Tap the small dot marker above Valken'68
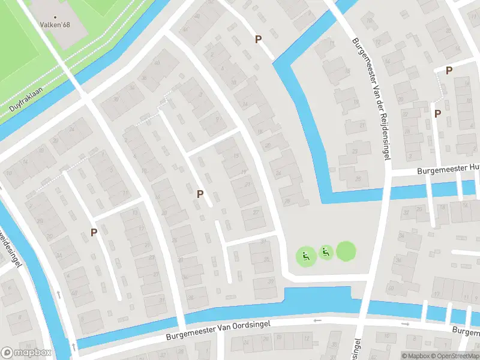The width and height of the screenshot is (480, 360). tap(56, 17)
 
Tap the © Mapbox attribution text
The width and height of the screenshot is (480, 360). tap(416, 356)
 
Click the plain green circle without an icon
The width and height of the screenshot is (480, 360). tap(346, 251)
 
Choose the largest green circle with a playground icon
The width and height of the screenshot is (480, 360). tap(306, 257)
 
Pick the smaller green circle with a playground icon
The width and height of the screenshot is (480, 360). tap(326, 253)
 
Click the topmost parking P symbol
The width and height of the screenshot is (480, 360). tap(259, 39)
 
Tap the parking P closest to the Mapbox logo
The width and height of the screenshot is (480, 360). tap(94, 232)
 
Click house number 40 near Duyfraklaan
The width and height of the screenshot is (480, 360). tap(158, 62)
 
